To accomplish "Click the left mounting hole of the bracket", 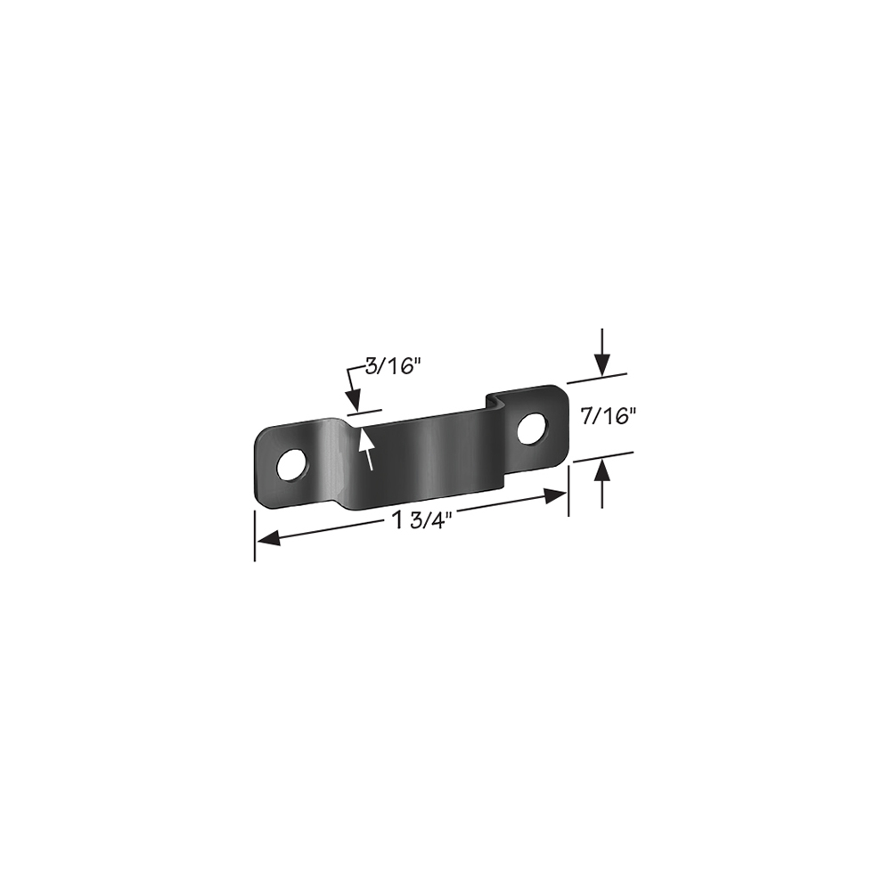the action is point(292,465).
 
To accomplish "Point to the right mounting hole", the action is point(533,428).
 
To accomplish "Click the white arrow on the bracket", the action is point(365,449).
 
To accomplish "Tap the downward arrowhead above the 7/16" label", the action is point(602,364).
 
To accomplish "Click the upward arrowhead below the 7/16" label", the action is point(602,471).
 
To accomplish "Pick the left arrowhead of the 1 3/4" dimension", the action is point(268,537).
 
